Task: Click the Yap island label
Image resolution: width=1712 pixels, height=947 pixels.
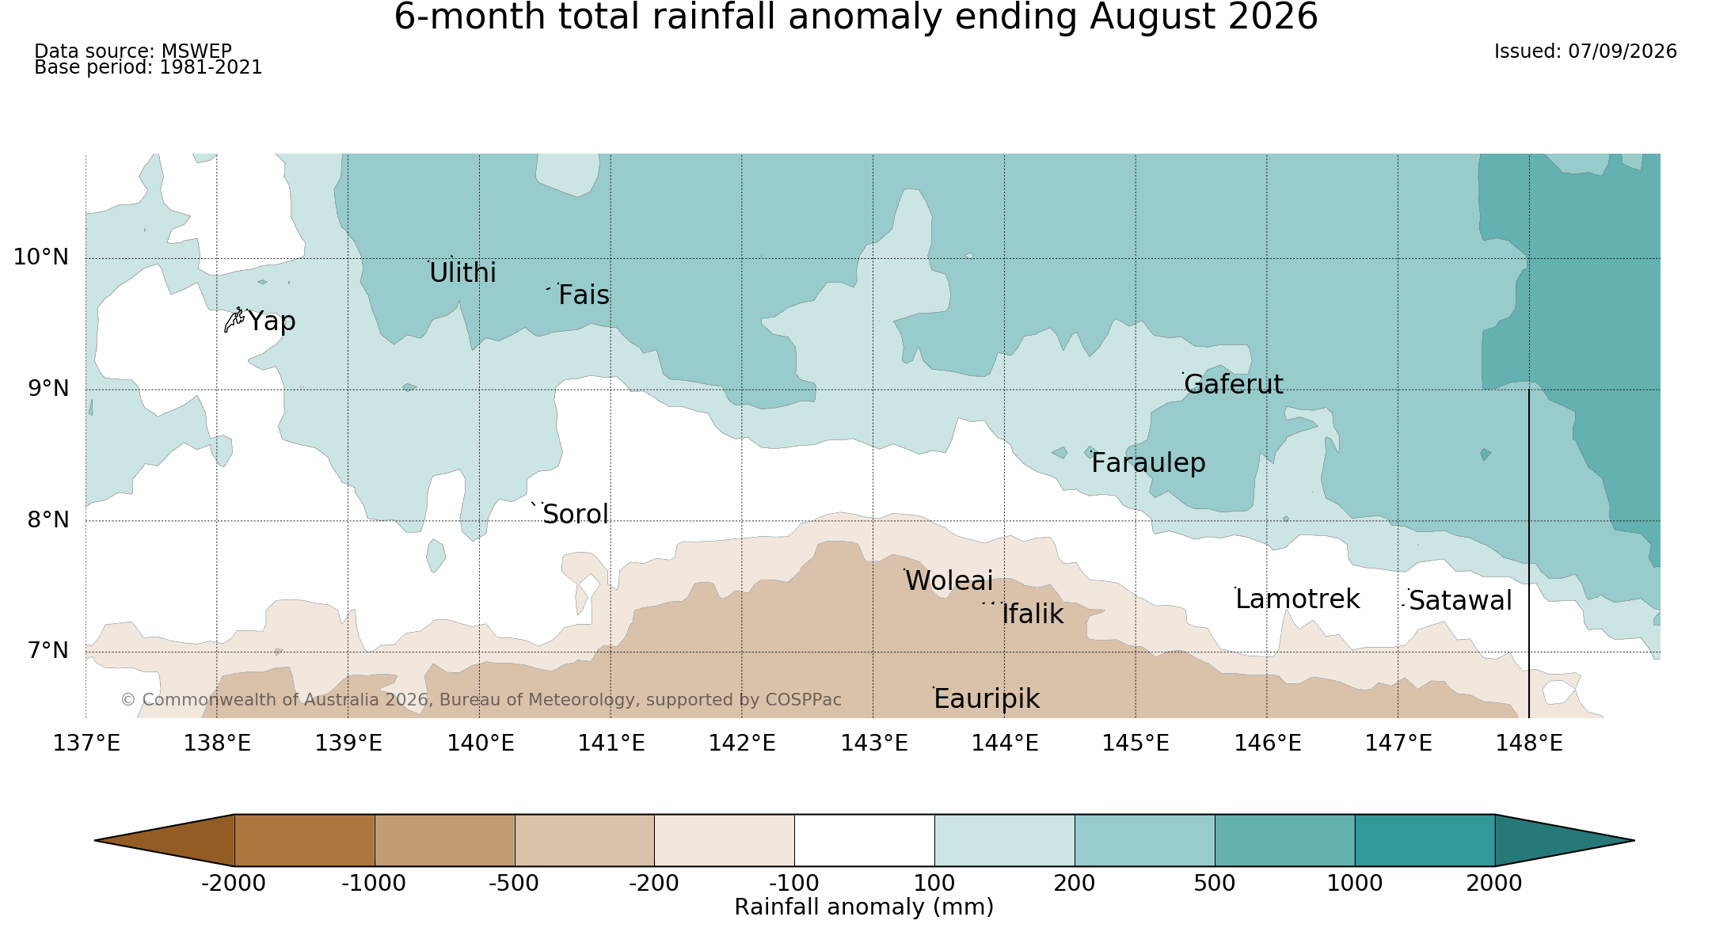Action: click(x=272, y=321)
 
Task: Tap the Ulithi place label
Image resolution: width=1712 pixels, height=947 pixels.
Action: click(x=462, y=272)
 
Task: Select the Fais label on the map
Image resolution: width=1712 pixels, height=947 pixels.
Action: click(x=584, y=295)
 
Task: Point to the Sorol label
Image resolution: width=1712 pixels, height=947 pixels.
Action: click(x=576, y=515)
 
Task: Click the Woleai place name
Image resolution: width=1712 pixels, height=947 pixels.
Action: click(x=949, y=581)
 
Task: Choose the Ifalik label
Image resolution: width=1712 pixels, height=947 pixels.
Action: click(x=1033, y=614)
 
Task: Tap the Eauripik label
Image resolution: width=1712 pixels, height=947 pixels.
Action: click(x=987, y=699)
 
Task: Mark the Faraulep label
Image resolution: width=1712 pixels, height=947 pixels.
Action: click(x=1148, y=463)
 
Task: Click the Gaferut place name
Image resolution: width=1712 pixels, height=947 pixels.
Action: click(x=1234, y=385)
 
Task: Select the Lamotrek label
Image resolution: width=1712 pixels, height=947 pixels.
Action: click(x=1298, y=599)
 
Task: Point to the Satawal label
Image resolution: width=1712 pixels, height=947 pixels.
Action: click(x=1460, y=601)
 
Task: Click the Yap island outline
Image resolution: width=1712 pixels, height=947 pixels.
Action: click(x=234, y=320)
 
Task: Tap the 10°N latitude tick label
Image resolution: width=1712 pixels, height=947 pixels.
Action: click(x=41, y=257)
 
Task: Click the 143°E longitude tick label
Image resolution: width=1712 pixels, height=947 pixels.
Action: click(x=874, y=744)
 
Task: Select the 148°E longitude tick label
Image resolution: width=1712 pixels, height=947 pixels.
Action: click(x=1529, y=744)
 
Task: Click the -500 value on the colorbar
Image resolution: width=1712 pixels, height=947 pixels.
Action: click(x=514, y=884)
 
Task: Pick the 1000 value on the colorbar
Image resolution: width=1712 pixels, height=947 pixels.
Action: click(x=1355, y=884)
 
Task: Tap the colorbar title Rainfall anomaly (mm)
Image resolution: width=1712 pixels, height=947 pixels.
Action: click(x=864, y=907)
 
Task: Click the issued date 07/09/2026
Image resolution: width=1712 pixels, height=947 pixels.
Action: click(x=1623, y=51)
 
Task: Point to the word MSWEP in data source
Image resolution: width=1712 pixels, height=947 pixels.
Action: click(x=196, y=51)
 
